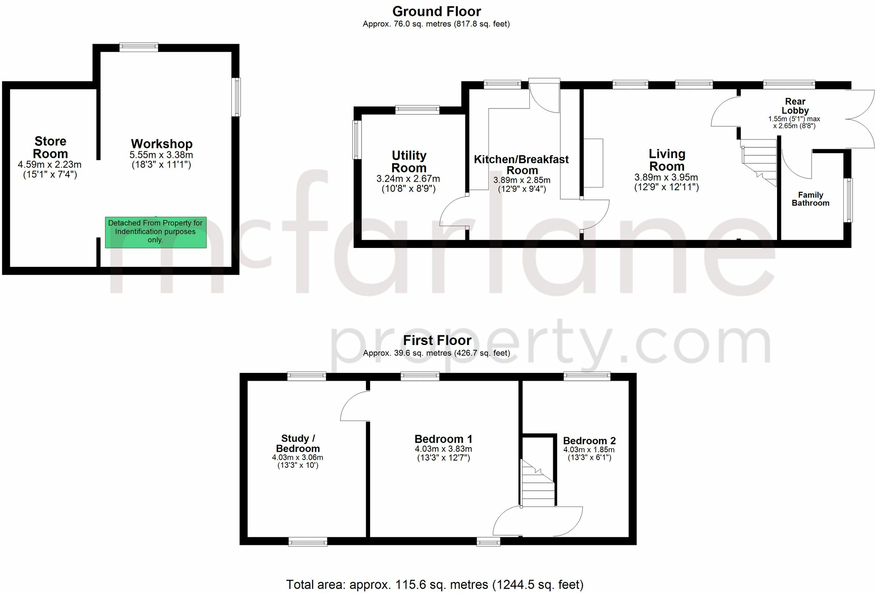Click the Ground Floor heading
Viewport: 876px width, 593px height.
(x=436, y=11)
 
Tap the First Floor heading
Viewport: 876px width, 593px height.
(x=437, y=341)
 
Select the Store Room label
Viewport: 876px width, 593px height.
(x=50, y=147)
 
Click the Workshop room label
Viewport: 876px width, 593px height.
(x=162, y=144)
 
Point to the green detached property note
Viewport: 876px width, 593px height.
(x=155, y=232)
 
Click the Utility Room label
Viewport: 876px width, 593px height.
(x=409, y=161)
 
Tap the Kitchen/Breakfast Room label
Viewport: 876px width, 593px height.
(x=521, y=165)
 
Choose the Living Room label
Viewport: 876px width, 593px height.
(x=667, y=160)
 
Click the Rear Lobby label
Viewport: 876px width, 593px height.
(x=795, y=106)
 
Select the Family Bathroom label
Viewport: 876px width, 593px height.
(x=810, y=199)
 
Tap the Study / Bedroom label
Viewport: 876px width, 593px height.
(x=298, y=443)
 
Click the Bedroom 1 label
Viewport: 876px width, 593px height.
(x=443, y=439)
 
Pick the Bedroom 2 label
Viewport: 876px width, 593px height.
(x=589, y=441)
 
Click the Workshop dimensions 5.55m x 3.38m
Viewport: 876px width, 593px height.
(x=161, y=155)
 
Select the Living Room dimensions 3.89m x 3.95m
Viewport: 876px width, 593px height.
(x=666, y=177)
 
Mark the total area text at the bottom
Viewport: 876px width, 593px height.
(x=435, y=585)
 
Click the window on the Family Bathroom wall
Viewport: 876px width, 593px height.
(x=848, y=200)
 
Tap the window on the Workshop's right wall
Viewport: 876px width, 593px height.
(x=237, y=97)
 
